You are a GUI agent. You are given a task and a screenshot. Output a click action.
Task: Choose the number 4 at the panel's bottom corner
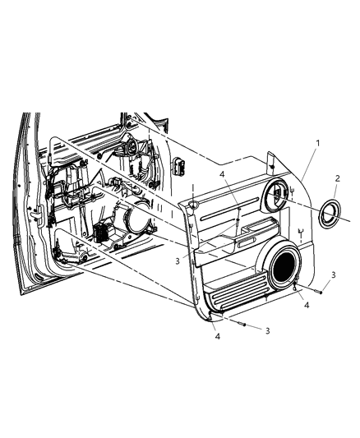(x=218, y=337)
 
